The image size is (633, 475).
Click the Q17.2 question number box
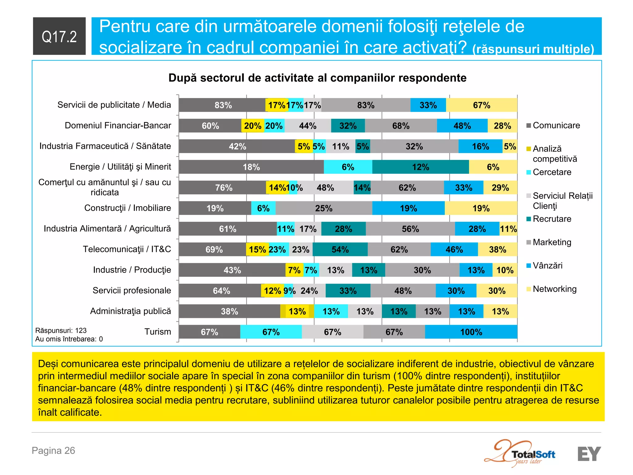[x=59, y=36]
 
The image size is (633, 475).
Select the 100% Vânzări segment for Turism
[x=471, y=332]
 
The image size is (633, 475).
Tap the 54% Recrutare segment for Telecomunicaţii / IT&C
[x=340, y=249]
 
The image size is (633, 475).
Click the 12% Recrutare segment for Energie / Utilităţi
[x=420, y=167]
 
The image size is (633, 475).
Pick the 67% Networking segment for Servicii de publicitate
[x=482, y=105]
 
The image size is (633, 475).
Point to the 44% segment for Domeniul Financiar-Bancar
[x=308, y=126]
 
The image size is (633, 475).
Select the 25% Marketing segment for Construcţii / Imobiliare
[x=324, y=208]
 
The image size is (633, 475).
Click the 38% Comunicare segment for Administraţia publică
[x=229, y=311]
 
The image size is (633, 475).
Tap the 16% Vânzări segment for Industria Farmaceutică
[x=480, y=146]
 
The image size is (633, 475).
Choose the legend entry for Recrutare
[x=552, y=219]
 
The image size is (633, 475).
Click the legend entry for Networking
[x=554, y=289]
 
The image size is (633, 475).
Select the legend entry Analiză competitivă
[x=554, y=154]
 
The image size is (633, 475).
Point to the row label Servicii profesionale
[x=132, y=290]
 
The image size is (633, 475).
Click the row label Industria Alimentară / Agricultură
[x=107, y=229]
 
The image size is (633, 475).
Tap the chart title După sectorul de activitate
[x=317, y=78]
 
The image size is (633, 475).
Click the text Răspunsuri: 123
[x=61, y=331]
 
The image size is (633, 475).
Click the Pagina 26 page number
[x=53, y=451]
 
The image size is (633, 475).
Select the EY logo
[x=589, y=454]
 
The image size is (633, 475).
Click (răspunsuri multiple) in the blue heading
[x=533, y=49]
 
